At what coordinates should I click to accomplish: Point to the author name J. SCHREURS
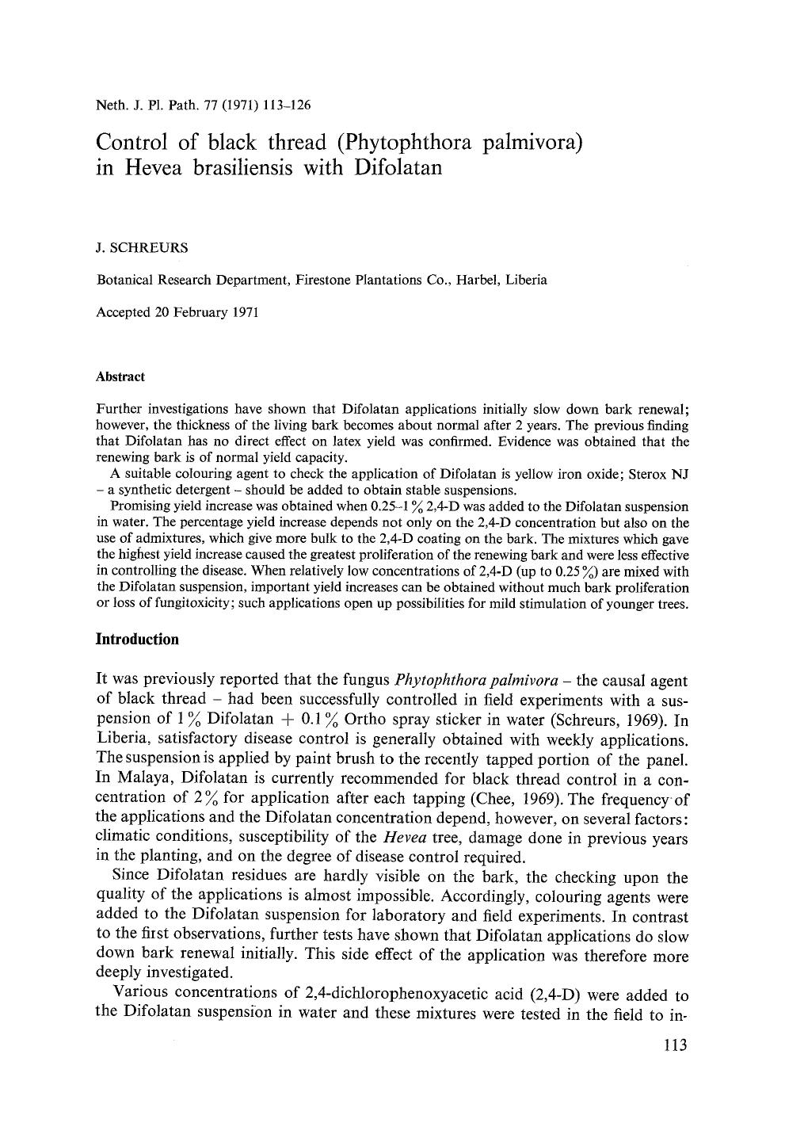click(142, 247)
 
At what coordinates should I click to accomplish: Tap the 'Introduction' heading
click(136, 639)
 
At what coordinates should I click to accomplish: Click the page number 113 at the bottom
click(674, 1045)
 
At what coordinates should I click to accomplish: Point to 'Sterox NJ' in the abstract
click(659, 474)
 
